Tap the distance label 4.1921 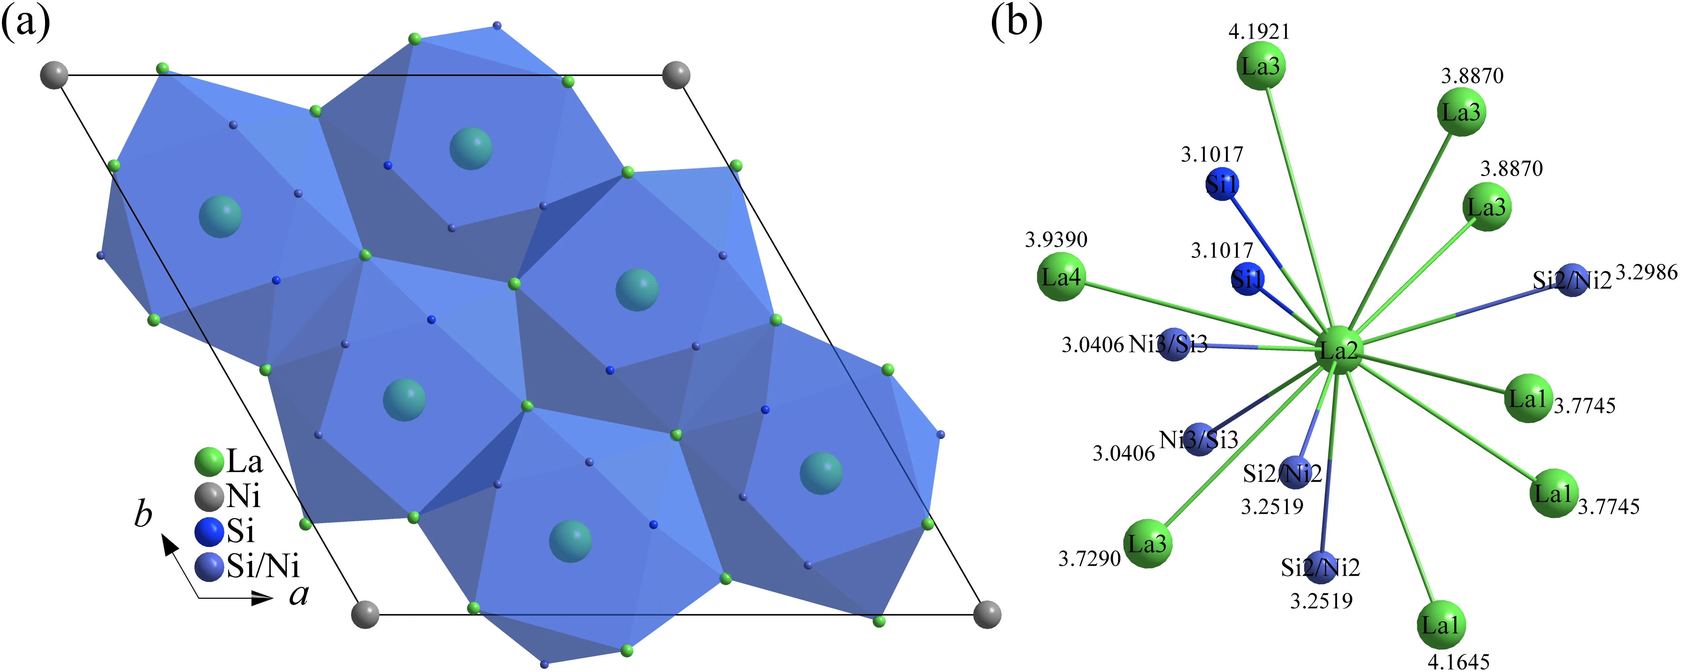tap(1259, 31)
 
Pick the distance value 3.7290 tap(1089, 559)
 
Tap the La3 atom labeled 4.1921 tap(1261, 66)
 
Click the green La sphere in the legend tap(209, 462)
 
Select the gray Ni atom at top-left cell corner tap(54, 75)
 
